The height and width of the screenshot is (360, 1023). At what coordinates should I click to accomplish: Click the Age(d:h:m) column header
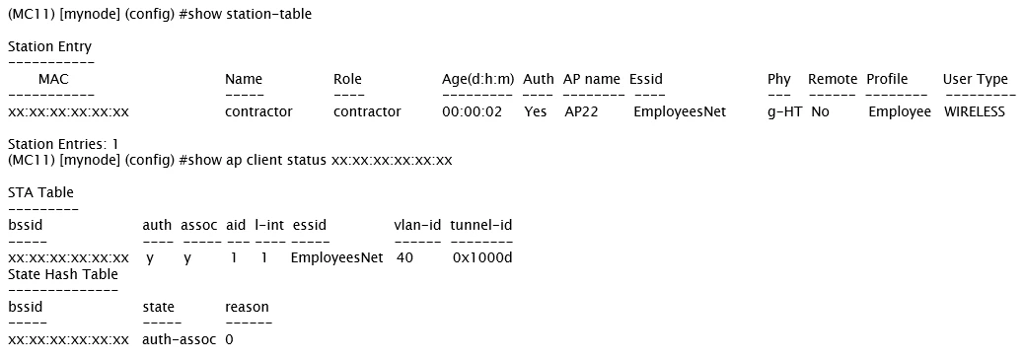tap(477, 80)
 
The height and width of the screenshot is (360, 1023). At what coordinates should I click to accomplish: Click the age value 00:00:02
tap(472, 112)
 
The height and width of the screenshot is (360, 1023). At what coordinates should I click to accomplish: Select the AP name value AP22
tap(582, 112)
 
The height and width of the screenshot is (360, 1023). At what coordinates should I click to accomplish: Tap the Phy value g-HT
tap(784, 112)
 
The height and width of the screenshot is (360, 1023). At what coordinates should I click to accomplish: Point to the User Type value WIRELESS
tap(974, 112)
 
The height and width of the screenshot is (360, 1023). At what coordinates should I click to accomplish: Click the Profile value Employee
tap(899, 112)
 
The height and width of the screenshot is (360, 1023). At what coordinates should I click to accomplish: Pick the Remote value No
tap(820, 112)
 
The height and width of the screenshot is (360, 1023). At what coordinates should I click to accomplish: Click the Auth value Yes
tap(536, 112)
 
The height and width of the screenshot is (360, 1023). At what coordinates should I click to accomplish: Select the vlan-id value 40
tap(404, 258)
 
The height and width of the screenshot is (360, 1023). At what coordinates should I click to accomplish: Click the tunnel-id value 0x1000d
tap(481, 258)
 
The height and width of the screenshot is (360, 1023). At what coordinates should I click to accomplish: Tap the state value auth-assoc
tap(179, 340)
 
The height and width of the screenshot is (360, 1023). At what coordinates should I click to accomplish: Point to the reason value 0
tap(229, 340)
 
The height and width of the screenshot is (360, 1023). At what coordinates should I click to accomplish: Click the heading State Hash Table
tap(62, 274)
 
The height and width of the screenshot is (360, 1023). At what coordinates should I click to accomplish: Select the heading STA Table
tap(40, 192)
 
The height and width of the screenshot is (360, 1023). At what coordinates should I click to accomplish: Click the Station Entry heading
tap(49, 46)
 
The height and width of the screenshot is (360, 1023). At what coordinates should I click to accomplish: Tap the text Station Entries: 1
tap(62, 145)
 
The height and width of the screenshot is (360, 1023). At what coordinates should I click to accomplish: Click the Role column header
tap(348, 80)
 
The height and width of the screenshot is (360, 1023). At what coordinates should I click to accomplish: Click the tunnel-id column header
tap(480, 226)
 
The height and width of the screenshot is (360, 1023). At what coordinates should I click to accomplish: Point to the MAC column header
tap(53, 80)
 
